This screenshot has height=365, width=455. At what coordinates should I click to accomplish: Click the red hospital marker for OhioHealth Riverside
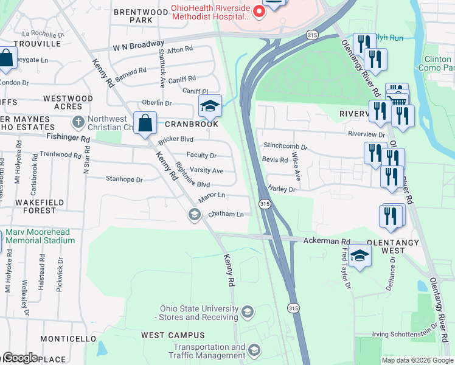click(x=259, y=12)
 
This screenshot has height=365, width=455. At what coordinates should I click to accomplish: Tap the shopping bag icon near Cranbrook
click(x=146, y=123)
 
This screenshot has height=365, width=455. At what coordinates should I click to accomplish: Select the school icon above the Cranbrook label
click(x=210, y=106)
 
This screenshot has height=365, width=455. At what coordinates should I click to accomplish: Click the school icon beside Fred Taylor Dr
click(x=360, y=255)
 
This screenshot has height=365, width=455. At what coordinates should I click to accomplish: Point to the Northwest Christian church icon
click(x=77, y=122)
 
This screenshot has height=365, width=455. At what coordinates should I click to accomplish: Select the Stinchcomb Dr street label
click(x=286, y=147)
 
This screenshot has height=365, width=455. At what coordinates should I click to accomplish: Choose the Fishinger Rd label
click(x=68, y=139)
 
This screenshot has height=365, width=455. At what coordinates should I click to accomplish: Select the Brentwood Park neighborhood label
click(x=141, y=16)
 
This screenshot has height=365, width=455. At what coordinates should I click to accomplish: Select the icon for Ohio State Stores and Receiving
click(x=247, y=313)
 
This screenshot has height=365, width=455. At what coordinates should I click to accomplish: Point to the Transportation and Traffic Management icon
click(x=254, y=350)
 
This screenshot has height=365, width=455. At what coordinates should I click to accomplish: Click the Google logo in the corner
click(x=19, y=357)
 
